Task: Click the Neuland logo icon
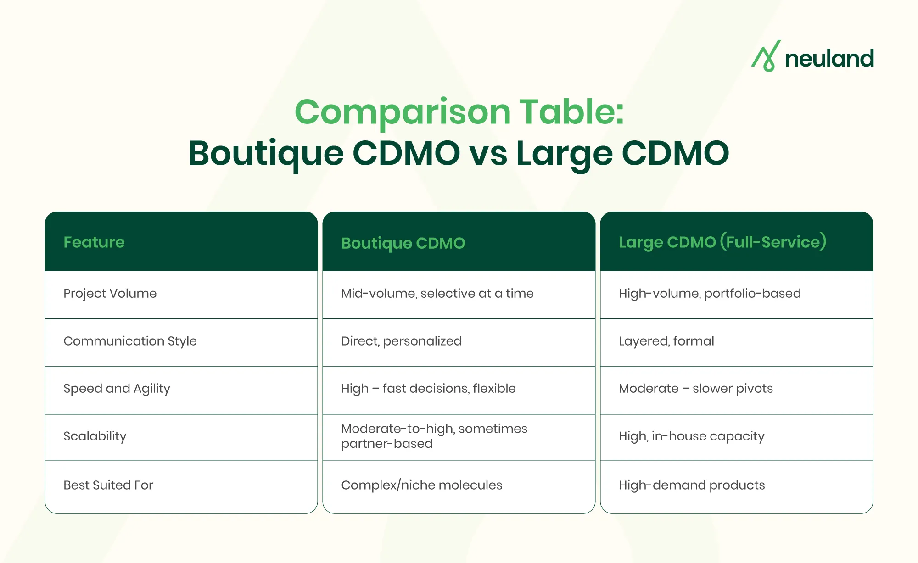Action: (766, 56)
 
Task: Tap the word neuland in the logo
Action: (829, 58)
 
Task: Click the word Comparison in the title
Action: (403, 112)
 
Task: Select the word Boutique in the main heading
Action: (266, 154)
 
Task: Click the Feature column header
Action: (94, 242)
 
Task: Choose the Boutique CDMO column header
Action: (403, 243)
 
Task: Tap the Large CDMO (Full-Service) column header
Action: (722, 242)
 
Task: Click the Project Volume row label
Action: (110, 294)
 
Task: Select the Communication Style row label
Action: (130, 341)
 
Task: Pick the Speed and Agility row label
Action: (117, 389)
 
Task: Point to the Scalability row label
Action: (95, 436)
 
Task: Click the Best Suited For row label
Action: (108, 485)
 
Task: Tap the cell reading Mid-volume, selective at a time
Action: (437, 294)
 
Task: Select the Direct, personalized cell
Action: (401, 341)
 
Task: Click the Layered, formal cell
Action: (666, 341)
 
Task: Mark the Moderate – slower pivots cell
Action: (696, 389)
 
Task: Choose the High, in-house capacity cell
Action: (691, 436)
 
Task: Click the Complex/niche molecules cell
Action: (422, 485)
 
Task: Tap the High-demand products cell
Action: (692, 485)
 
